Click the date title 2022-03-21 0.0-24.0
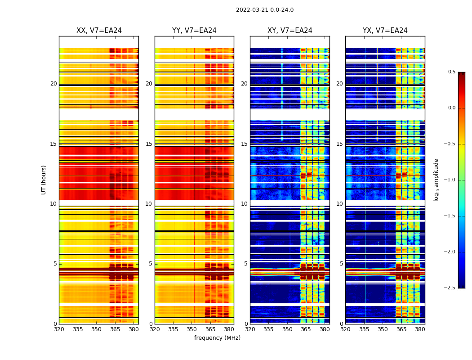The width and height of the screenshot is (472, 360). tap(264, 10)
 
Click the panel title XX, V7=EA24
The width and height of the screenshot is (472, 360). tap(99, 31)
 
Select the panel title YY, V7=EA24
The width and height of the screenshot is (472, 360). tap(194, 31)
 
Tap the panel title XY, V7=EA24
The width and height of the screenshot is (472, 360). tap(289, 31)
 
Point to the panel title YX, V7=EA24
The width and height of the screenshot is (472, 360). tap(385, 31)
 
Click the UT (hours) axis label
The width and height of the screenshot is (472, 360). tap(44, 180)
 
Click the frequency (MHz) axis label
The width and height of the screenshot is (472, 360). tap(217, 338)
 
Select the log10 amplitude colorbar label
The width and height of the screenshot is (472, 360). tap(436, 180)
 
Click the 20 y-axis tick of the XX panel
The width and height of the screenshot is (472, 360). tap(53, 84)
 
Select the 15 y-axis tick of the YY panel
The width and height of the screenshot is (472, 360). tap(149, 144)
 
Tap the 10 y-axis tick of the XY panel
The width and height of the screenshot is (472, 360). tap(244, 204)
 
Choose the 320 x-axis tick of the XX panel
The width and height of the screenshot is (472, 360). tap(59, 329)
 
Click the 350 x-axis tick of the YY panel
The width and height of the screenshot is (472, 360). tap(192, 329)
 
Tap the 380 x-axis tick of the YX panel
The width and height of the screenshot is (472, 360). tap(420, 329)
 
